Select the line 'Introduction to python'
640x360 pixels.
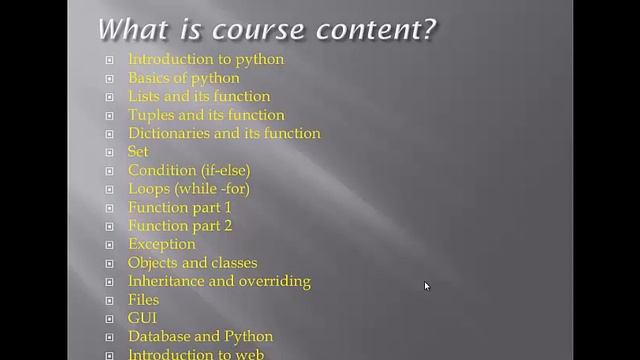[206, 59]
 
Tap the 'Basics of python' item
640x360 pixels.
[184, 78]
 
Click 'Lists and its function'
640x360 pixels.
[199, 96]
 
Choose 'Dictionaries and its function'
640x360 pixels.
[224, 133]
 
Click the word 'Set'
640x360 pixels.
[138, 151]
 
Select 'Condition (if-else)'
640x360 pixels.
[189, 170]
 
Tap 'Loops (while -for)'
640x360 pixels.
[189, 188]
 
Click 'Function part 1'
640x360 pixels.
[180, 207]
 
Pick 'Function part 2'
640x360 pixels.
[180, 225]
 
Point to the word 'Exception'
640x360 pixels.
[162, 244]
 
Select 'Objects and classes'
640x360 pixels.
[193, 263]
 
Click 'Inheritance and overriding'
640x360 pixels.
[219, 281]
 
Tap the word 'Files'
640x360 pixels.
[144, 299]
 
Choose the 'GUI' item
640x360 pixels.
[143, 318]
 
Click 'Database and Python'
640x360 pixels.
[200, 336]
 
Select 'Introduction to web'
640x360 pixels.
[196, 354]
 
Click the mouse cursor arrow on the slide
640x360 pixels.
[427, 286]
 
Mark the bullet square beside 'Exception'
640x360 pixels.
[110, 245]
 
